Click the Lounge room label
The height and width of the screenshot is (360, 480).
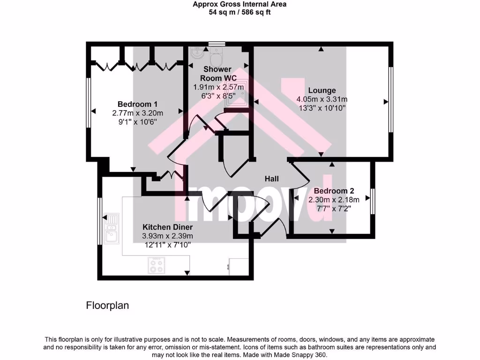tap(322, 90)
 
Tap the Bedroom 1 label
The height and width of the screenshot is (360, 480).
tap(137, 104)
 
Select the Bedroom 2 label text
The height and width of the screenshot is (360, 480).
tap(334, 191)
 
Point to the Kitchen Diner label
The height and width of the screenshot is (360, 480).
tap(167, 227)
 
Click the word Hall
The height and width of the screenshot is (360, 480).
tap(271, 179)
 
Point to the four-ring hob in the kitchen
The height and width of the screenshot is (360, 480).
tap(157, 266)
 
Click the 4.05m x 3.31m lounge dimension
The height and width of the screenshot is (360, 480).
tap(322, 99)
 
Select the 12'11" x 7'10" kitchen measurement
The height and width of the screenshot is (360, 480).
tap(167, 244)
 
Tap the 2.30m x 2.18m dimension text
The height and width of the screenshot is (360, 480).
tap(334, 199)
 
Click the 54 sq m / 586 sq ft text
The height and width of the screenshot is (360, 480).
tap(240, 13)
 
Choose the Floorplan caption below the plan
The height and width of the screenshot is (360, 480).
tap(107, 306)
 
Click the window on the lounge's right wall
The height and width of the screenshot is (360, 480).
tap(390, 101)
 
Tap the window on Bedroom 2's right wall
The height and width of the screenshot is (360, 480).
tap(373, 201)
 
